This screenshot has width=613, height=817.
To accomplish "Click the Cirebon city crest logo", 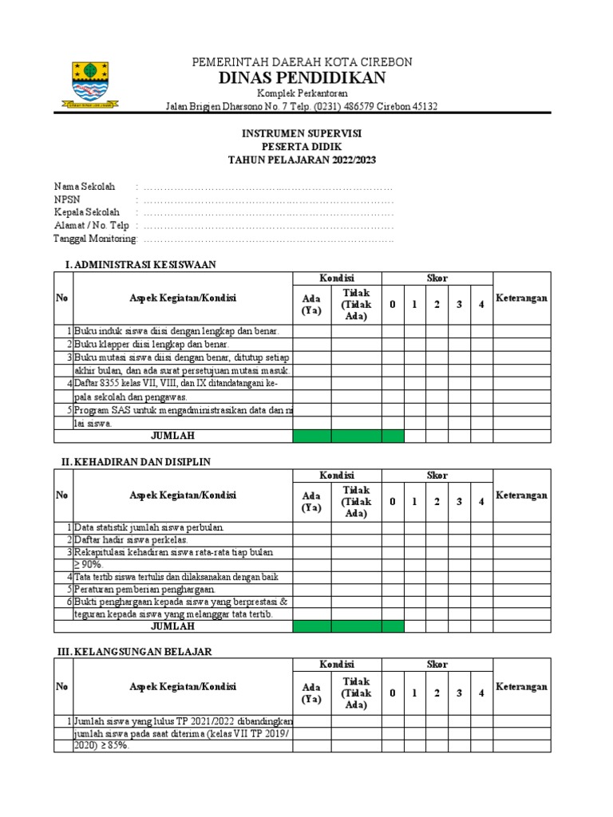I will point(90,84).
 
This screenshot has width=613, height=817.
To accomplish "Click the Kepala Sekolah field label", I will point(86,212).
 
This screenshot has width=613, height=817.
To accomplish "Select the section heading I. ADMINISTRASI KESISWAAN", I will point(140,264).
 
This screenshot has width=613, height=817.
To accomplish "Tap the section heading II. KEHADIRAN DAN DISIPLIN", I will point(136,461).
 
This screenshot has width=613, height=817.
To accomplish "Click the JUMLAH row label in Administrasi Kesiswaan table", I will point(173,436).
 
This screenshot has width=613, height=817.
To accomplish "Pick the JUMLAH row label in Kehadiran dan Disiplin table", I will point(173,626).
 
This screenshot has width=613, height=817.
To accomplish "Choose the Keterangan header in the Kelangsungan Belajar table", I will point(522,686).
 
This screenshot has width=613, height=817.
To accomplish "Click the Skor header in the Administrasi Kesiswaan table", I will point(437,278).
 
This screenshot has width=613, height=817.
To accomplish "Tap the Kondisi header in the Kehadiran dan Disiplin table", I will point(337,475).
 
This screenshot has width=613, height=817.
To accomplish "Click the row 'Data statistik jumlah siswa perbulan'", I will point(150,527).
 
